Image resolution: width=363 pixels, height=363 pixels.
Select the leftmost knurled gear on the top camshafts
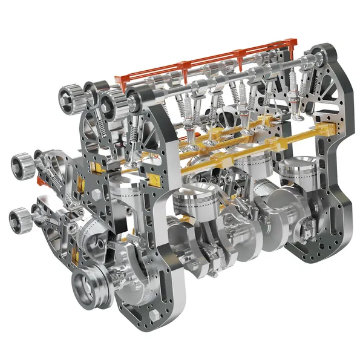tap(68, 97)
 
